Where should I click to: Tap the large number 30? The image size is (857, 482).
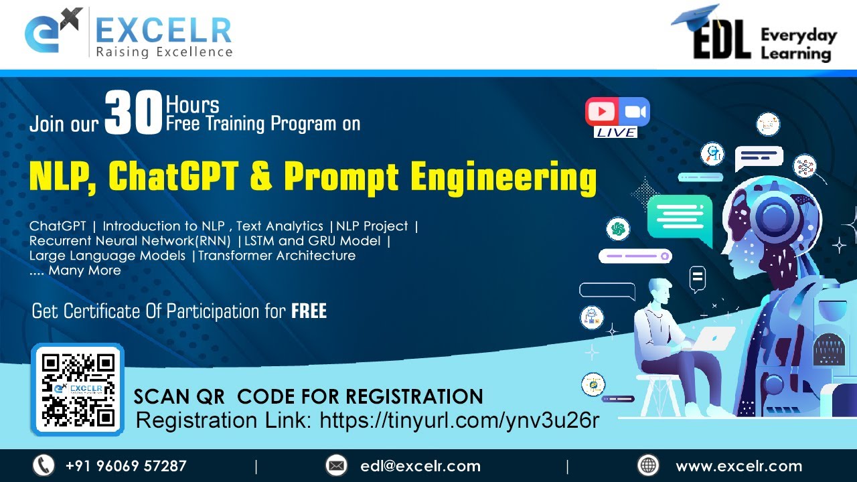[134, 114]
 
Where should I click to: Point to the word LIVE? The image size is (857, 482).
[616, 133]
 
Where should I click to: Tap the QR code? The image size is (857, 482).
[78, 390]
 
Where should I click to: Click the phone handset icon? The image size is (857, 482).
[44, 465]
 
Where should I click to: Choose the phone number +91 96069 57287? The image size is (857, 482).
[126, 466]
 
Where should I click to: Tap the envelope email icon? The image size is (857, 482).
[336, 465]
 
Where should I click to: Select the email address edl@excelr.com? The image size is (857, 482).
[420, 466]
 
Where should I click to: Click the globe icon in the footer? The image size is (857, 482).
[648, 465]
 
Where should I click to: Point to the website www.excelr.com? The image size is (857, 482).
[738, 466]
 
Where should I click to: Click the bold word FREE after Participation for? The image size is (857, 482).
[309, 311]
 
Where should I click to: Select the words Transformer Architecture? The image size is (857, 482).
[277, 256]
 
